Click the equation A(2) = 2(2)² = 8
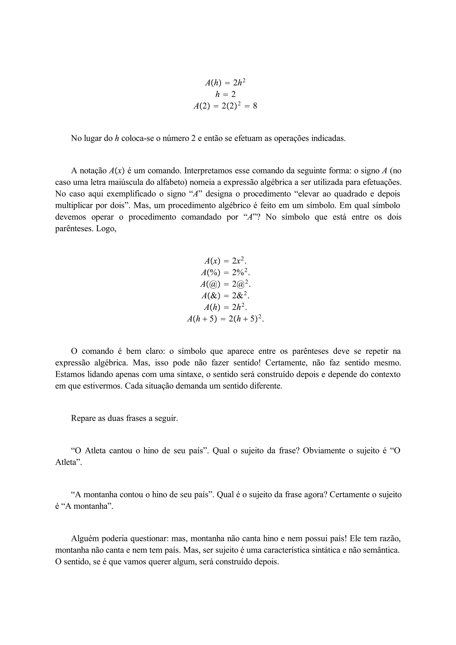click(225, 106)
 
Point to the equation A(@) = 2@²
click(225, 284)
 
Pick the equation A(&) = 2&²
click(225, 296)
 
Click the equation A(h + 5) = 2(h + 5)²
click(225, 319)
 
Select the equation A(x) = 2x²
click(225, 261)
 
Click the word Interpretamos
click(208, 171)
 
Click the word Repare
click(83, 418)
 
